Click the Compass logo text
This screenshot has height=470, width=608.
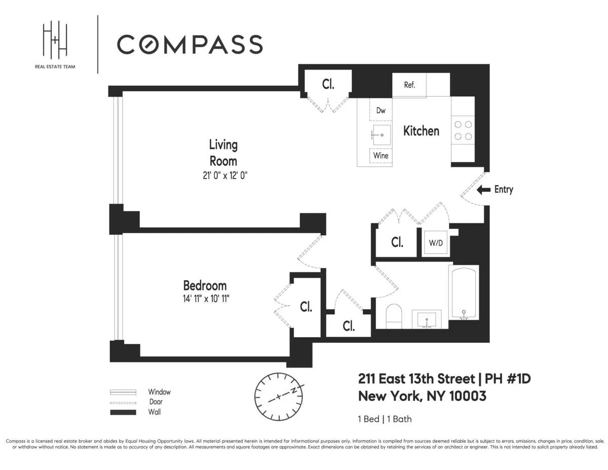190,45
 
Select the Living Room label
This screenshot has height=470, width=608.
223,153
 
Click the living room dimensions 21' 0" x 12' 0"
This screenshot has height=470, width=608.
223,175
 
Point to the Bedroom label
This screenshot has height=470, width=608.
205,285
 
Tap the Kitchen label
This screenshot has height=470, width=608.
421,131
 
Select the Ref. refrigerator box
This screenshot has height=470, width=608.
409,85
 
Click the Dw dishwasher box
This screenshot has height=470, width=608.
381,111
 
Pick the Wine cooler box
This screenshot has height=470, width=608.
381,155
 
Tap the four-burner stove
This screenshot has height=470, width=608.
463,130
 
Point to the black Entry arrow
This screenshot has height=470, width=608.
484,190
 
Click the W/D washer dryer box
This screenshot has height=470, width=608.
436,243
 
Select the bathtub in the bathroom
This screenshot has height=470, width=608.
463,294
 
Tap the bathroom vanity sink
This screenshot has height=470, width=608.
427,319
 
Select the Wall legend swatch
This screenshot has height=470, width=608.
123,412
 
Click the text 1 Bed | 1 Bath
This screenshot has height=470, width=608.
385,419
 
